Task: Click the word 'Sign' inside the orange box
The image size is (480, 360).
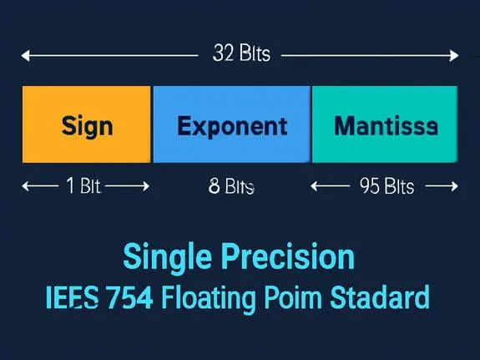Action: [87, 126]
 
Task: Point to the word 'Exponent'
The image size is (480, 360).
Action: [232, 126]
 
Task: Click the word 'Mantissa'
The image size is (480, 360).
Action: [385, 126]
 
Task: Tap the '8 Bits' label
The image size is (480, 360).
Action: [231, 186]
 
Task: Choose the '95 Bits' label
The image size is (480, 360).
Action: [387, 186]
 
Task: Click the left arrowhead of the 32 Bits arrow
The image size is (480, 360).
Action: [25, 56]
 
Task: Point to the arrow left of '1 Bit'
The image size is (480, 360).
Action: [40, 186]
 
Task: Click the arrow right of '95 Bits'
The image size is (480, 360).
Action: [438, 186]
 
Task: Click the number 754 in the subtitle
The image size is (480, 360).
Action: [130, 297]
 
